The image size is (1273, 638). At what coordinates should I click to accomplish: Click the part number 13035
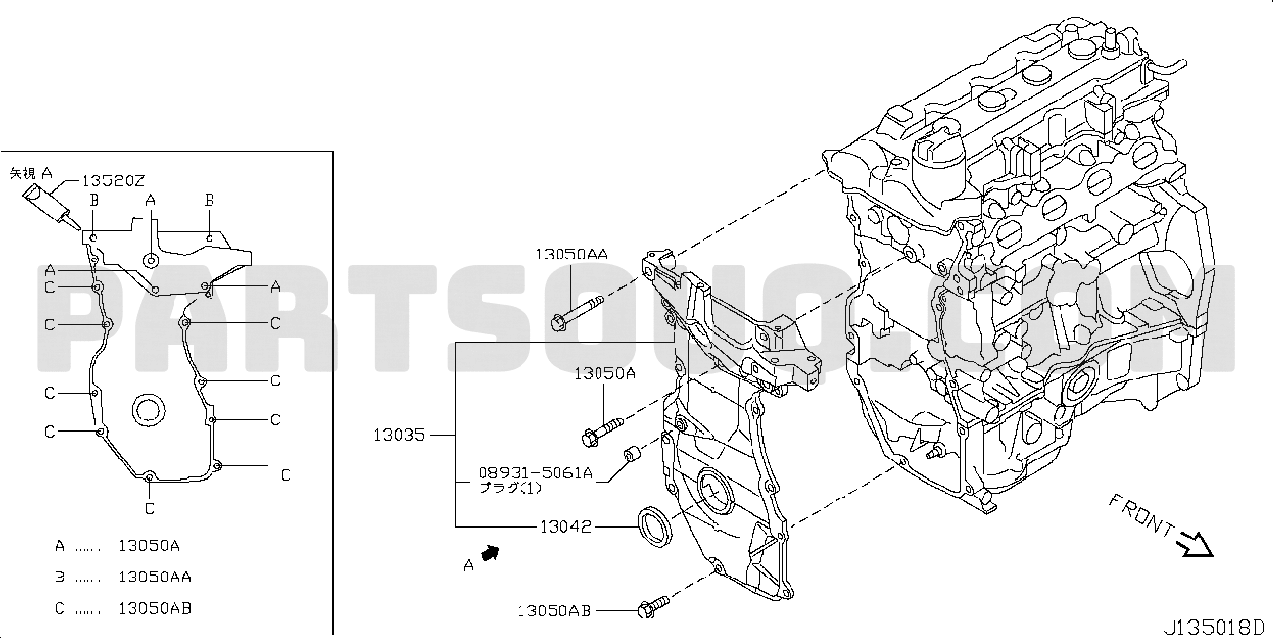click(x=399, y=435)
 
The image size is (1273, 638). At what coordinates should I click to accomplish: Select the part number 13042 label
click(x=565, y=527)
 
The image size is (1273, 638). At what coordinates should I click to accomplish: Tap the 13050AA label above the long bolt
click(x=571, y=255)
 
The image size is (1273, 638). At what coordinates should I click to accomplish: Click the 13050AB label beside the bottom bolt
click(x=554, y=611)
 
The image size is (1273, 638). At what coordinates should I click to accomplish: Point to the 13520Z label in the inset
click(x=113, y=180)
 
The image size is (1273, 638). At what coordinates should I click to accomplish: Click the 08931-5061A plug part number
click(x=535, y=472)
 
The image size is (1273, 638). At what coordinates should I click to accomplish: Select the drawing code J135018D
click(x=1214, y=626)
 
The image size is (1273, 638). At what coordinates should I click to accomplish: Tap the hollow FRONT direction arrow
click(x=1196, y=544)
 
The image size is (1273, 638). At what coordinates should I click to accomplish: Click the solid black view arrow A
click(x=490, y=553)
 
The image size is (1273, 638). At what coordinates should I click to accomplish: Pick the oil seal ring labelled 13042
click(x=655, y=529)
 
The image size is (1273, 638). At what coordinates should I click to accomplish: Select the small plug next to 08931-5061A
click(x=633, y=456)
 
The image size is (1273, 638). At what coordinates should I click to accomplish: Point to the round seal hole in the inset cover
click(x=148, y=410)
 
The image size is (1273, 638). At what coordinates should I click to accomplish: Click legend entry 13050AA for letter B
click(x=154, y=578)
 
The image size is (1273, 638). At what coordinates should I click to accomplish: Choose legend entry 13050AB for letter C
click(x=154, y=609)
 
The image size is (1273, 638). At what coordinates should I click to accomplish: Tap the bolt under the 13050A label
click(x=602, y=432)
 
